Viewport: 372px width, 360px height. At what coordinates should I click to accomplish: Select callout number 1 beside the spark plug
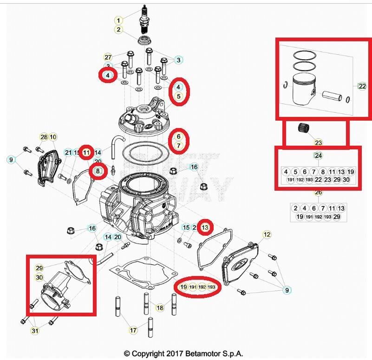(119, 20)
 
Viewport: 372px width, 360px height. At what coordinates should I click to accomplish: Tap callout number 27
(108, 57)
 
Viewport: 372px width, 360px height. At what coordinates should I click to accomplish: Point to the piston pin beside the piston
(333, 96)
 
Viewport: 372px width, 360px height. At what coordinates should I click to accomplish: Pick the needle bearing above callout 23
(307, 129)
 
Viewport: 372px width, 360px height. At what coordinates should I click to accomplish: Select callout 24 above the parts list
(318, 155)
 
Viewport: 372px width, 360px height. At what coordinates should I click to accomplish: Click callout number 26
(318, 192)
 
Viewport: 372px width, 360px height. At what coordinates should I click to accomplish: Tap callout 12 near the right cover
(267, 235)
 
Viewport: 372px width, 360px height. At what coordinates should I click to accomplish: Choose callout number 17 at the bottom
(133, 330)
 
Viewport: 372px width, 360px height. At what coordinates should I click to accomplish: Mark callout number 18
(160, 308)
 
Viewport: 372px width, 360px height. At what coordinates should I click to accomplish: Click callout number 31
(35, 330)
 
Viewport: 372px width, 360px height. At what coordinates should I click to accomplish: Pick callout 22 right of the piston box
(362, 86)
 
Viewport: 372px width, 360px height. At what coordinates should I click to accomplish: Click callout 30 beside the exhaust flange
(39, 277)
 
